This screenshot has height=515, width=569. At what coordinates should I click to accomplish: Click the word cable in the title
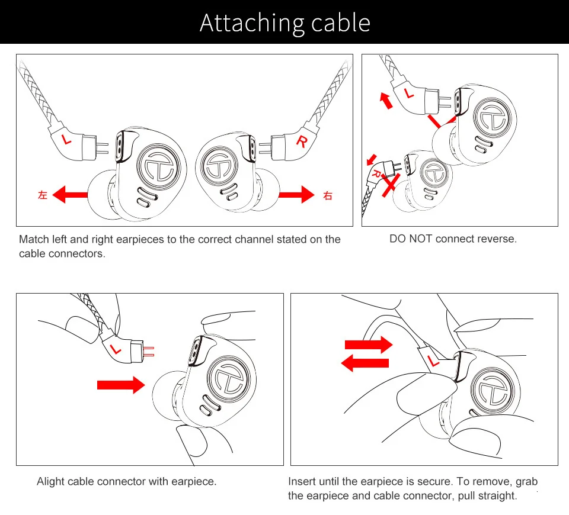340,23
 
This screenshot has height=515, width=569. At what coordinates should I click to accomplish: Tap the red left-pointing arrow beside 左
70,194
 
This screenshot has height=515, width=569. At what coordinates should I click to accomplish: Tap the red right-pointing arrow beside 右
297,194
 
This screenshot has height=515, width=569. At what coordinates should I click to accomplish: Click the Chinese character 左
42,195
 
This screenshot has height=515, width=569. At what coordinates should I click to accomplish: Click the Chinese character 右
328,195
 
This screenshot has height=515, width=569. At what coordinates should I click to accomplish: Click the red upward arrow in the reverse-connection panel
386,100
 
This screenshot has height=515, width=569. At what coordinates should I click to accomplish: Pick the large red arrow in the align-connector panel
120,385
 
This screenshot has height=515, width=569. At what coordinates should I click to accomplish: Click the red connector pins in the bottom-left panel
148,351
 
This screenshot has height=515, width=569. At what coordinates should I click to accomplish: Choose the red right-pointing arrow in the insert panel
369,344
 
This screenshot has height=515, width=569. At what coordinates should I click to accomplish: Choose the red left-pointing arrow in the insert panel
366,362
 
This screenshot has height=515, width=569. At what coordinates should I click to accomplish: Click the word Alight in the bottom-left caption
52,481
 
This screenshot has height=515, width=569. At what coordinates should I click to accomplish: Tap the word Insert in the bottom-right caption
302,481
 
